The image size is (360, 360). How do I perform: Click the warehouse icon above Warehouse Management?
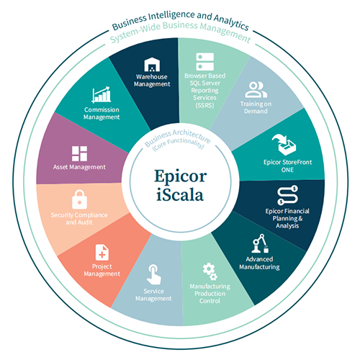tap(152, 65)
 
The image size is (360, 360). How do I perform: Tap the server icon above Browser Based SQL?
tap(204, 62)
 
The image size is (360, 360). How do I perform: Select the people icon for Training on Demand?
tap(256, 90)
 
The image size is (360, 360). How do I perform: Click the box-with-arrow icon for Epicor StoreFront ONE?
tap(284, 145)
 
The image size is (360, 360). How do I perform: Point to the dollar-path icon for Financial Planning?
tap(287, 195)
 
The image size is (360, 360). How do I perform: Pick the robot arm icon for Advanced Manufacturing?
tap(260, 243)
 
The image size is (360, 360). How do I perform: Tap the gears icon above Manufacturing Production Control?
tap(210, 271)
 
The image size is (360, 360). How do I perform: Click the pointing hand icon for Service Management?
tap(154, 274)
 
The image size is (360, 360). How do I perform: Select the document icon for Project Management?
tap(102, 252)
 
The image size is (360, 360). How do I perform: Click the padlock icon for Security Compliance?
tap(79, 199)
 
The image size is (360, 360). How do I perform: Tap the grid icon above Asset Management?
tap(79, 153)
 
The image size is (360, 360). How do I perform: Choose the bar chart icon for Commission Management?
tap(102, 95)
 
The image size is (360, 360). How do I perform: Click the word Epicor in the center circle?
tap(180, 176)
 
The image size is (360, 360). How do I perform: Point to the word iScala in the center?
tap(180, 194)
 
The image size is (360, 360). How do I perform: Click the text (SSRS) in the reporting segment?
tap(204, 105)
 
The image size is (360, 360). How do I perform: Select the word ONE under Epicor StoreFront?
tap(287, 170)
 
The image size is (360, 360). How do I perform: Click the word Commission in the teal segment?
tap(102, 109)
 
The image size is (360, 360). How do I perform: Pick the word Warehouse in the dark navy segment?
tap(152, 77)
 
